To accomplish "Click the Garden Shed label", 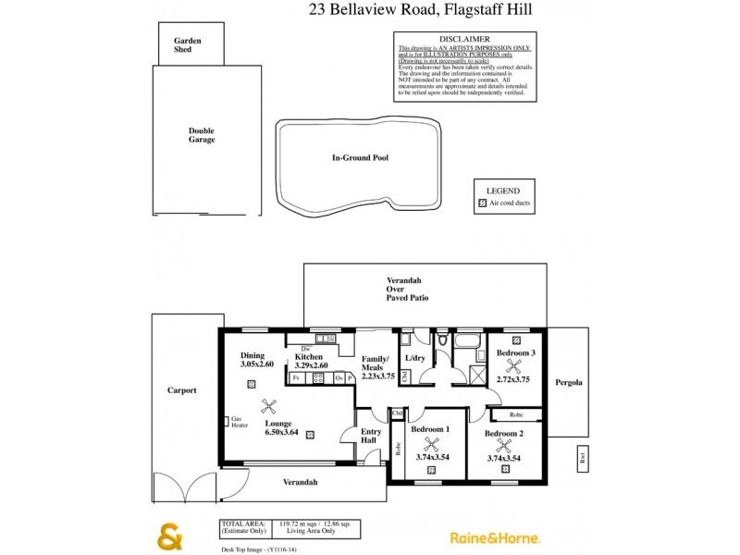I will coord(187,45).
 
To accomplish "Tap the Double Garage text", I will coord(201,135).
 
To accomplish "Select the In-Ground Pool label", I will coord(360,158).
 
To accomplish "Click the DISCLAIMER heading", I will coord(464,40).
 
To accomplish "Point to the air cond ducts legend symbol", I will coord(482,203).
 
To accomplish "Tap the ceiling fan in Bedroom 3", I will coord(505,365).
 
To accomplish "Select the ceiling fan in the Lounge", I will coord(270,404).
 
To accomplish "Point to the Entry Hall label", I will coord(371,436).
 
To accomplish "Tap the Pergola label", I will coord(568,381).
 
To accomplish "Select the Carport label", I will coord(182,390).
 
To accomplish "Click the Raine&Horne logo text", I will coord(495,537).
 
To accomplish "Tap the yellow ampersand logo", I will coord(170,536).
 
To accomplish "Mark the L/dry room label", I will coord(415,358).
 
